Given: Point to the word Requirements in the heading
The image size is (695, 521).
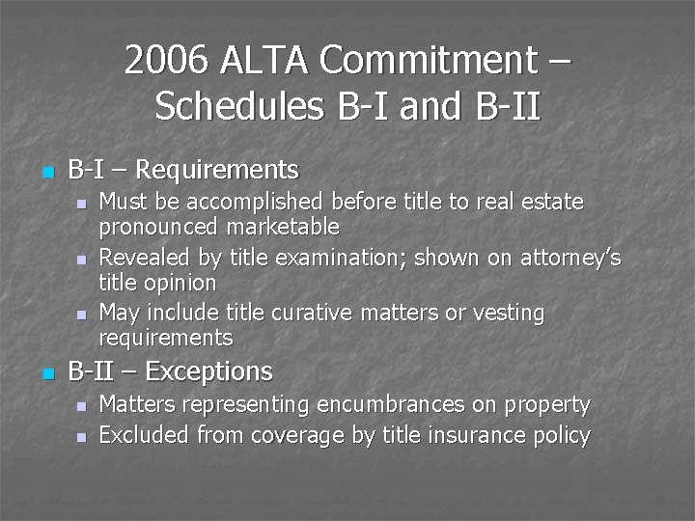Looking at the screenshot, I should click(x=217, y=171).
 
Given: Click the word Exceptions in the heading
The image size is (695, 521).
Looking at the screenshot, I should click(x=210, y=371).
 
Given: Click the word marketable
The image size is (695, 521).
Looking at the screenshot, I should click(x=283, y=227).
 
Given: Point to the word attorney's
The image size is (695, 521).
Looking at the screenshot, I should click(x=571, y=258).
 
